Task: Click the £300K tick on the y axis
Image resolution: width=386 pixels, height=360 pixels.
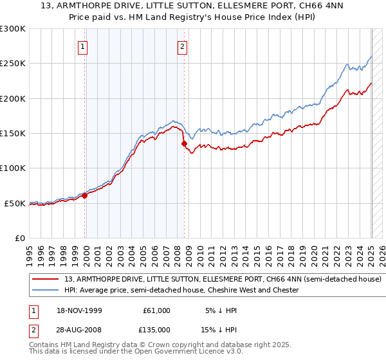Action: (13, 29)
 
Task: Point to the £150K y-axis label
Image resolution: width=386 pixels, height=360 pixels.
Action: (13, 134)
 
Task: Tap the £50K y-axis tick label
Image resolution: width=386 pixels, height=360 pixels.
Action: (15, 203)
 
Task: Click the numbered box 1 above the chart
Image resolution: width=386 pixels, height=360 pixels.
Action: (84, 46)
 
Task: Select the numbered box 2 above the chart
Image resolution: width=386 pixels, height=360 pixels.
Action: (183, 46)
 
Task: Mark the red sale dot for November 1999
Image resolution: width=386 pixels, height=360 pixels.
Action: (84, 195)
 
